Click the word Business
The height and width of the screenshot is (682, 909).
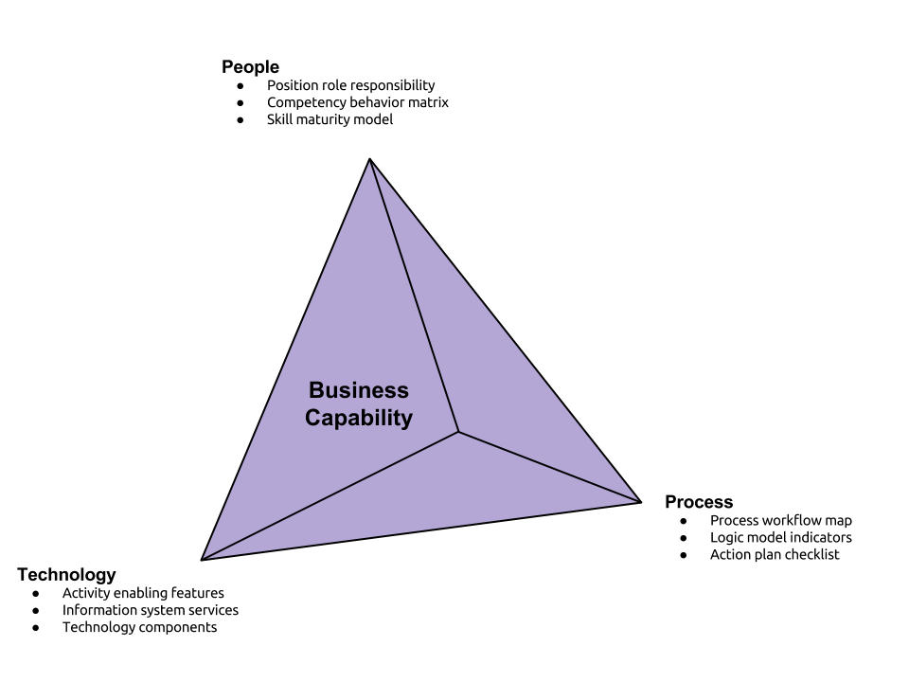359,390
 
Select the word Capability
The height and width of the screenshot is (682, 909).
359,418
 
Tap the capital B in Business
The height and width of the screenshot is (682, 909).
316,390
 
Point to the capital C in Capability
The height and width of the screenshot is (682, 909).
312,418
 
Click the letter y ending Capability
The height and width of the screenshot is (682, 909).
407,420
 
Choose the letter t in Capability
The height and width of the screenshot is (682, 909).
396,418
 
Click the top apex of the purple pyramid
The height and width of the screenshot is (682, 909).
370,162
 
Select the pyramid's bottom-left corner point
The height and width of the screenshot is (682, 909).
205,558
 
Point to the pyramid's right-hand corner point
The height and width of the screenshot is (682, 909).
637,500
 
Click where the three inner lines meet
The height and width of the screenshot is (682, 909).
458,433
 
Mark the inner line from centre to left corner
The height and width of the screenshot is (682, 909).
331,495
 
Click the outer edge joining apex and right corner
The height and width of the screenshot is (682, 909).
504,331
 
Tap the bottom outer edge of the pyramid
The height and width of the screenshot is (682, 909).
420,529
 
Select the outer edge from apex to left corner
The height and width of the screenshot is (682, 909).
287,360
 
